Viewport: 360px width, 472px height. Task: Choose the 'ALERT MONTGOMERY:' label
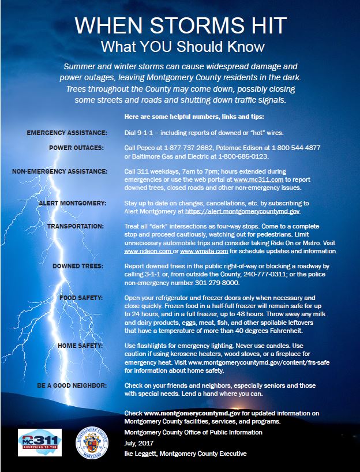point(72,203)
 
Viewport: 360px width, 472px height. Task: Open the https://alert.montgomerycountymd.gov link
point(242,212)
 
